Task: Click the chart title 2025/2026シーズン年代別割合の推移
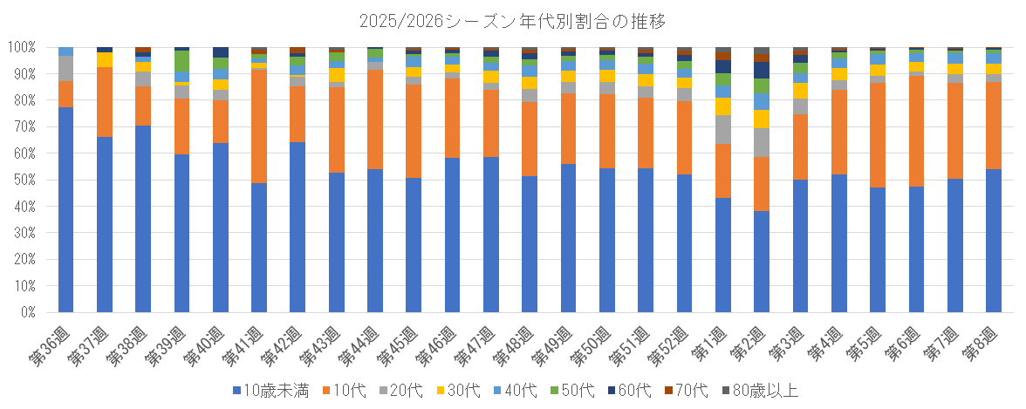point(513,20)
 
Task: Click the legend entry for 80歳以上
point(761,391)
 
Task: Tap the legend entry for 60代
point(640,391)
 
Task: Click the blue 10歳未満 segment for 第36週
point(65,209)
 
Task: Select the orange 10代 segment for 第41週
point(258,126)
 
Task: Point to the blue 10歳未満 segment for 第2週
point(761,261)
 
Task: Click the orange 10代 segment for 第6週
point(915,131)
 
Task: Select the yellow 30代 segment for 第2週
point(761,119)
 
